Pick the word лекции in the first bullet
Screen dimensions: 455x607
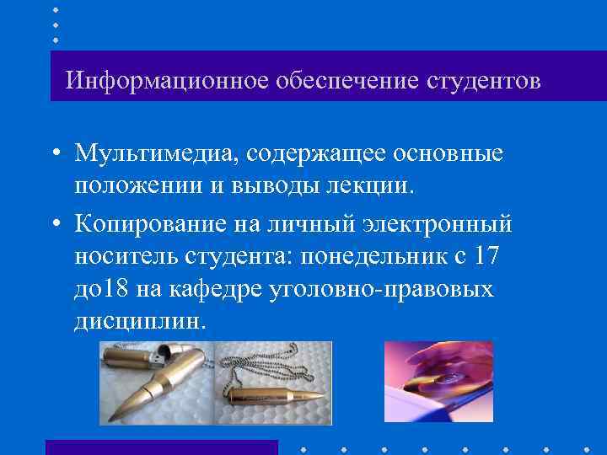(370, 185)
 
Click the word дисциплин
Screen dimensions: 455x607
(139, 320)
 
